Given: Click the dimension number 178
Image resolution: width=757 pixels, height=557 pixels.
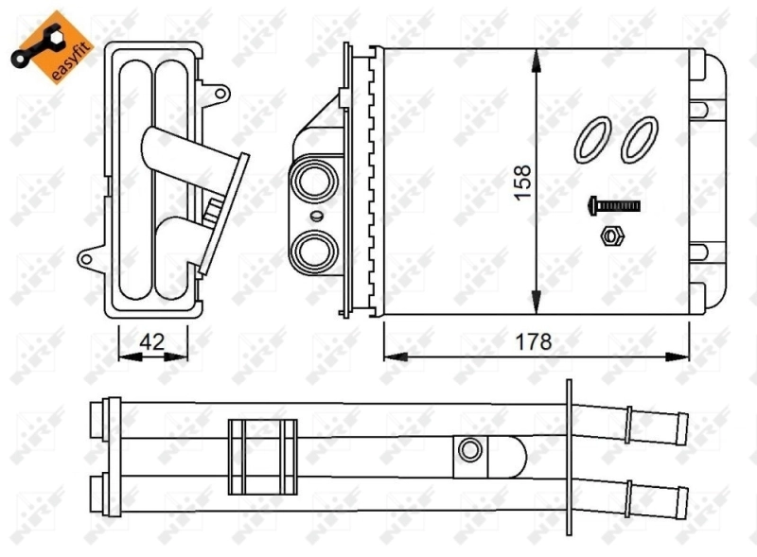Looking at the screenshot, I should pos(535,341).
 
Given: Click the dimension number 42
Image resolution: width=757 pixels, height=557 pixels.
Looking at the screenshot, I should pos(151,342).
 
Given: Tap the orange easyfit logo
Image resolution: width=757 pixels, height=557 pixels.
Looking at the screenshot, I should pos(50,44).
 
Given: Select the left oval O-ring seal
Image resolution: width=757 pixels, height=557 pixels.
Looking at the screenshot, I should pos(593,138).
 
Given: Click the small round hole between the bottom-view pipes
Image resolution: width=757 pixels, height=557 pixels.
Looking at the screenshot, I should pos(468,450).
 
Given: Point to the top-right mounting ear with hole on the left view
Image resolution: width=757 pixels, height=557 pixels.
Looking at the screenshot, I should pos(220,93).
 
